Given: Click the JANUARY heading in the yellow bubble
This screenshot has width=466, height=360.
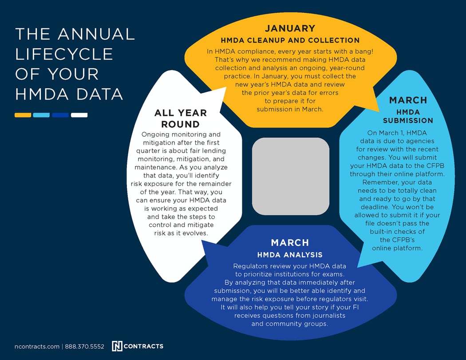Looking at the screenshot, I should (290, 28).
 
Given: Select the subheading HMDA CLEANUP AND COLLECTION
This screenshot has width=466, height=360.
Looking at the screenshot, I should (290, 40).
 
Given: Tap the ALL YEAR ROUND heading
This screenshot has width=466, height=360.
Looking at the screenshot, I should (180, 119).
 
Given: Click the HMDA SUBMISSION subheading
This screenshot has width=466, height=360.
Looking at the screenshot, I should (408, 116).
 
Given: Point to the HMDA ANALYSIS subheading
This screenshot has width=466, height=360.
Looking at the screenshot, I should (290, 255).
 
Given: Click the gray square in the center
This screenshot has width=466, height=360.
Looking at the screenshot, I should (291, 176).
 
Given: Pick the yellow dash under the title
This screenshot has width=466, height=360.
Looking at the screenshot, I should (23, 115).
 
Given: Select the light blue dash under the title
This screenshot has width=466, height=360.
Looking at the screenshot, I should (41, 115).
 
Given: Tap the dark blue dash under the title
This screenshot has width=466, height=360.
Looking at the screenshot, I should (60, 115).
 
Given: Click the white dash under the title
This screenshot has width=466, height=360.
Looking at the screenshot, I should (79, 115).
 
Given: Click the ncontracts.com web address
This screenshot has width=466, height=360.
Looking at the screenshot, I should (37, 346).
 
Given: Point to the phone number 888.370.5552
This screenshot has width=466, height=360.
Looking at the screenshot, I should (84, 346).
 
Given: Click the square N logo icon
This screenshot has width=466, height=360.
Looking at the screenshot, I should (117, 346).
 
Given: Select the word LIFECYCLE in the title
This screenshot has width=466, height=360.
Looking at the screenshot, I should (64, 54).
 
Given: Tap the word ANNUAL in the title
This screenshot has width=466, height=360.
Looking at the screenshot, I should (96, 34).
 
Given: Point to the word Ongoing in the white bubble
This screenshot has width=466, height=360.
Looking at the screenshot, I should (155, 135).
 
